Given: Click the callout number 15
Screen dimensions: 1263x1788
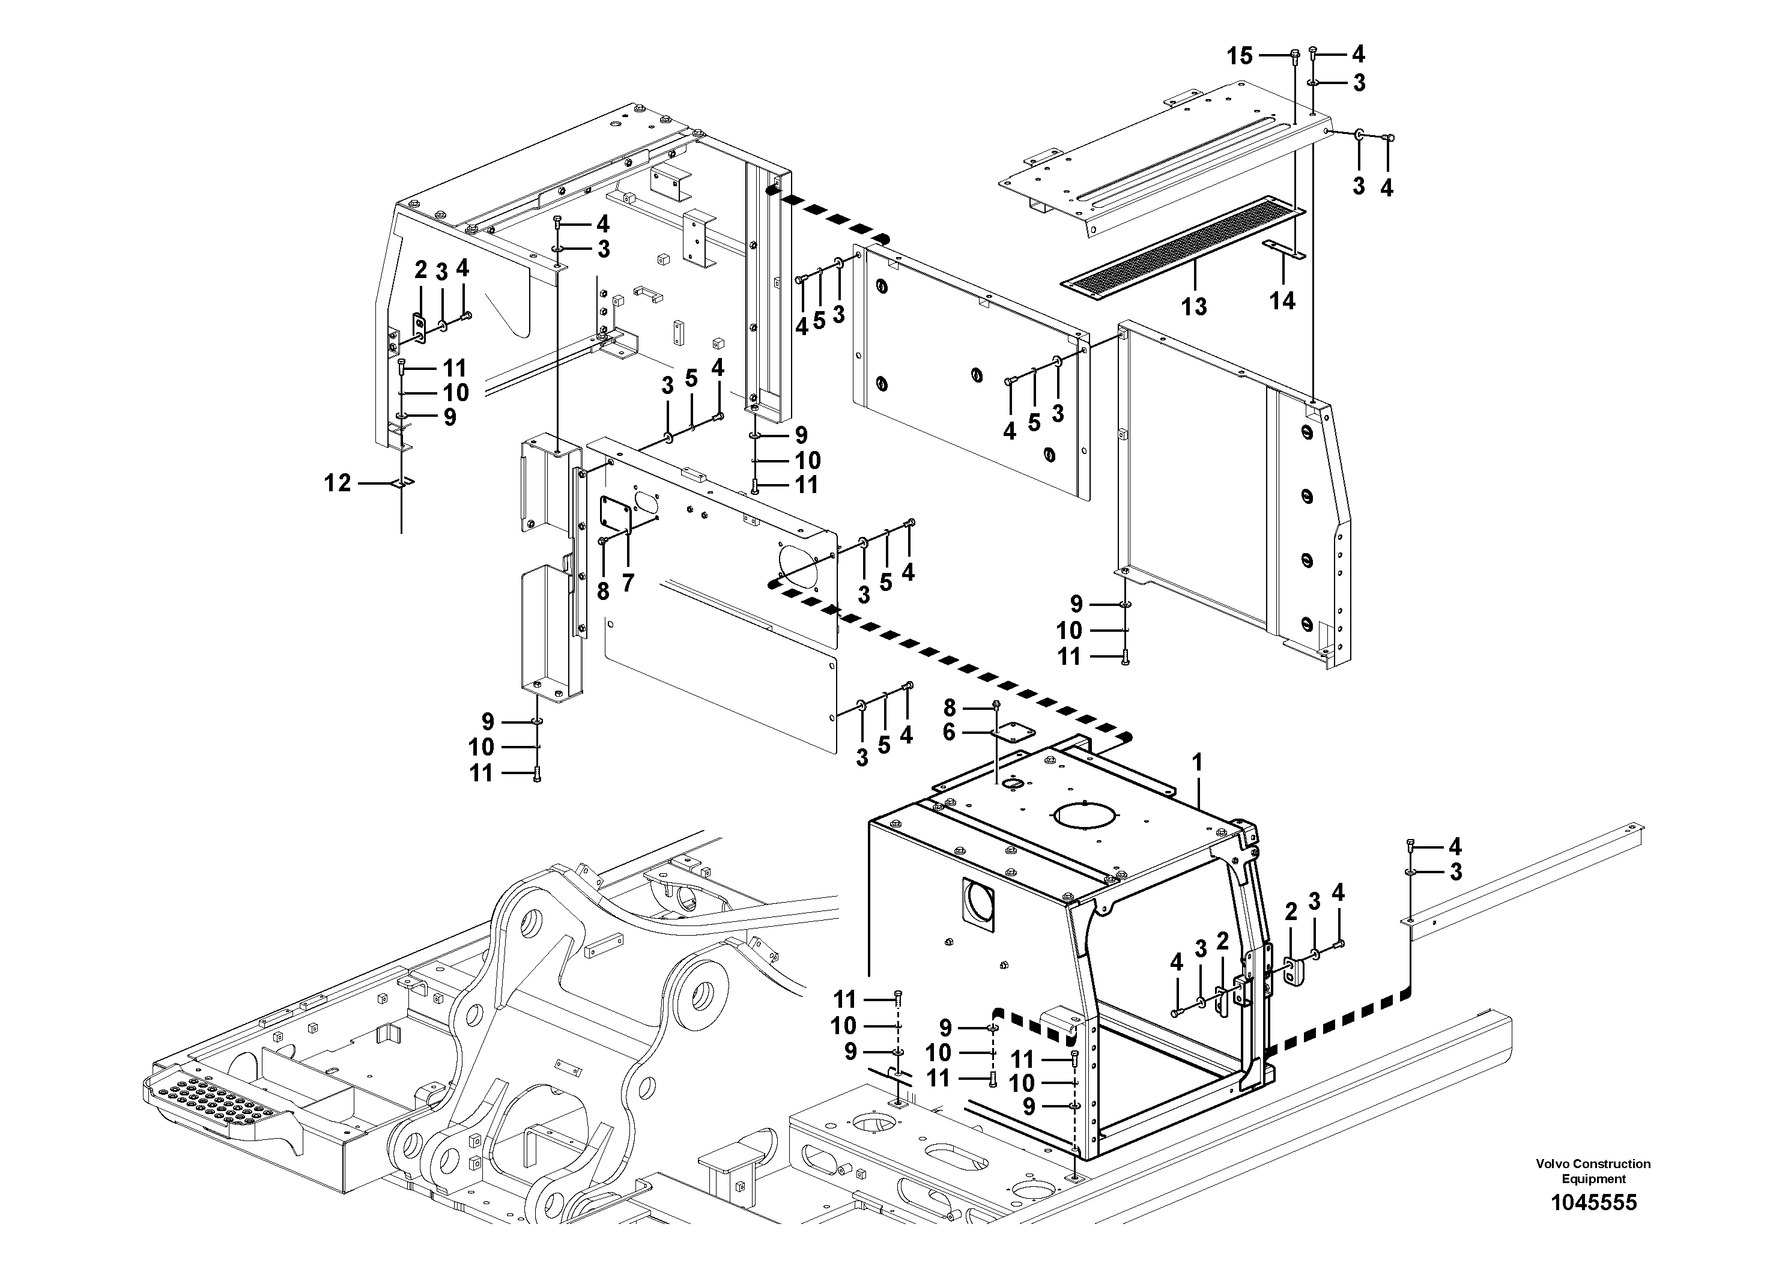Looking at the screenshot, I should pyautogui.click(x=1240, y=55).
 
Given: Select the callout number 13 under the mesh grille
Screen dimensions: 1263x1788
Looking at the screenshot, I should pyautogui.click(x=1194, y=306).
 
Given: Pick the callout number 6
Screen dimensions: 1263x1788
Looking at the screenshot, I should pyautogui.click(x=948, y=733).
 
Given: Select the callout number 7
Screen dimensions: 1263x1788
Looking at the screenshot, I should pyautogui.click(x=628, y=583).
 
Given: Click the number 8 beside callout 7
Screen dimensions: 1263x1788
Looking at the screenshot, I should pyautogui.click(x=603, y=592).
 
